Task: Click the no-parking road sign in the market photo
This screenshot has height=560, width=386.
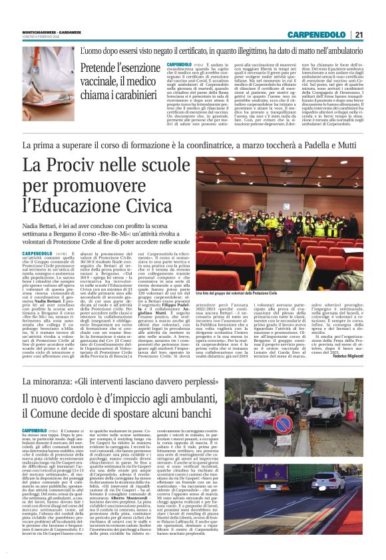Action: click(283, 424)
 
